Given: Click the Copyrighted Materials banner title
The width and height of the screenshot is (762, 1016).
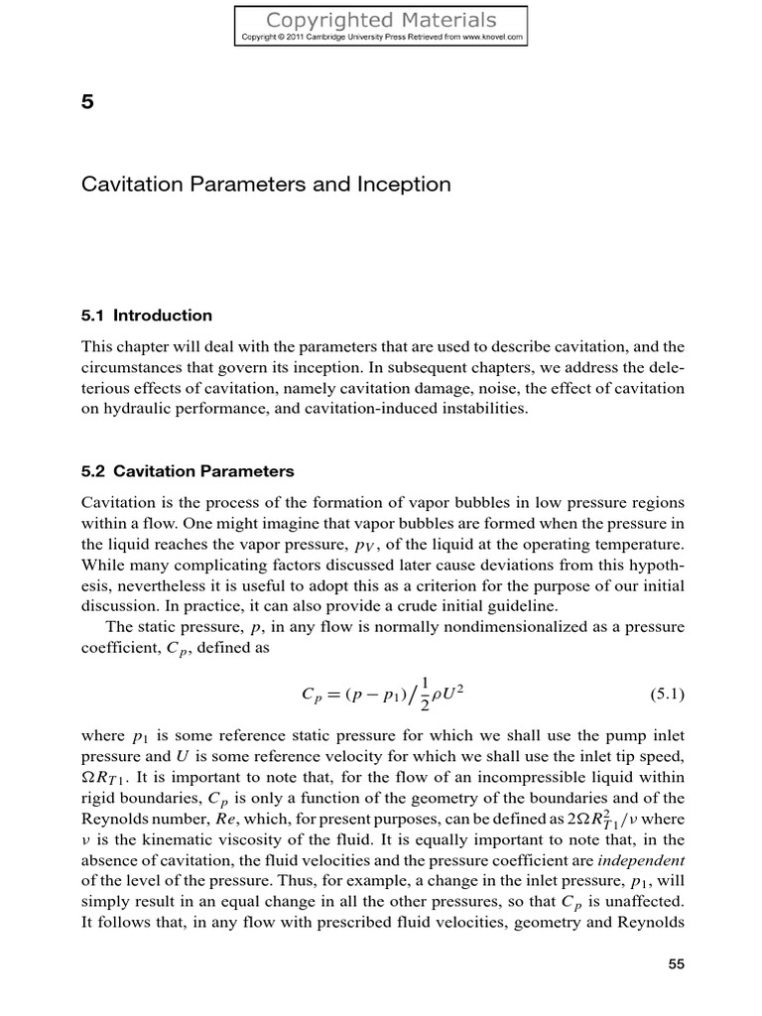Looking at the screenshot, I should click(381, 20).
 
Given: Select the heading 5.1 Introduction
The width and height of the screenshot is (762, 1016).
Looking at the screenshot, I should click(147, 316).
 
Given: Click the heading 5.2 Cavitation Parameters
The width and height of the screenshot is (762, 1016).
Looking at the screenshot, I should click(188, 470).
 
